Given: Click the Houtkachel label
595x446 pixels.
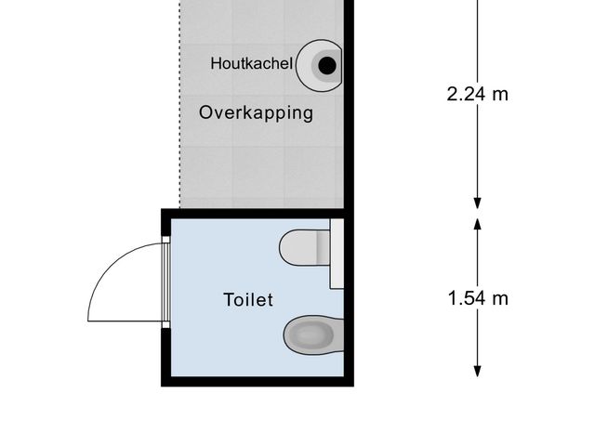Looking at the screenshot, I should click(251, 64).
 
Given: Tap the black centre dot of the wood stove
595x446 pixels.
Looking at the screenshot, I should click(327, 65).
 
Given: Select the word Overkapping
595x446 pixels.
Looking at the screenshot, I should click(256, 114).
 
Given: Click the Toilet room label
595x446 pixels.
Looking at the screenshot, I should click(248, 300).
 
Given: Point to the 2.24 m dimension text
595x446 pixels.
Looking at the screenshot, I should click(478, 94).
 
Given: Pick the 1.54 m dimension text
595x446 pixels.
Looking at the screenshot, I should click(478, 298).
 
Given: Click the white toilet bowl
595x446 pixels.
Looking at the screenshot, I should click(298, 247).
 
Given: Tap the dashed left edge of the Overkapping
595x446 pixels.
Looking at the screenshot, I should click(178, 111).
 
